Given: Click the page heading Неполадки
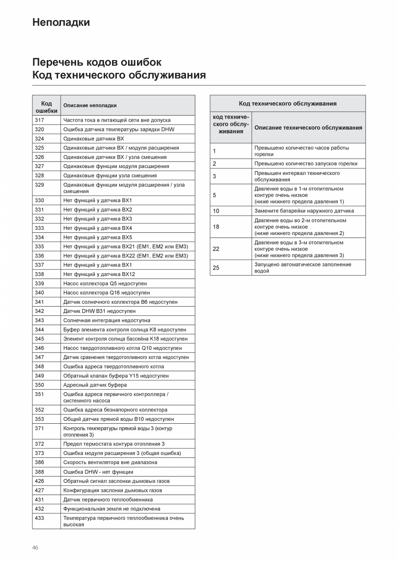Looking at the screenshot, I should point(61,22).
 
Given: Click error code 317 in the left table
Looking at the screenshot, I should point(39,120).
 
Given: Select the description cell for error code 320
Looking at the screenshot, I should point(119,129).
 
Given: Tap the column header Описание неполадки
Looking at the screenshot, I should point(90,105).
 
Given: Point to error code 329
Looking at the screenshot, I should point(39,185).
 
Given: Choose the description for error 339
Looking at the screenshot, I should point(105,283).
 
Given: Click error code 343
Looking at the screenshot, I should point(39,321).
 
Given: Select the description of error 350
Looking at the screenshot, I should point(95,385).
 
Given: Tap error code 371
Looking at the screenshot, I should point(39,428).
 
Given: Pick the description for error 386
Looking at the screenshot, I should point(110,462).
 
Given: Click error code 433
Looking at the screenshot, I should point(39,518).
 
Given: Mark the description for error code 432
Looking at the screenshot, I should point(112,509).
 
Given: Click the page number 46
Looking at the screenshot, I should point(35,548).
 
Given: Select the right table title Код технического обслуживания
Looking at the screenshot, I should point(288,104).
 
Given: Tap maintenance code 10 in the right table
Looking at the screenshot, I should point(216,211).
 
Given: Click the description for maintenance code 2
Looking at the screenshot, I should point(306,163).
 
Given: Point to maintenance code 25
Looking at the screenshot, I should point(216,268).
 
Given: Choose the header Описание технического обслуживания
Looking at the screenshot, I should point(308,128).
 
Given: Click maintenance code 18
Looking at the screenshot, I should point(216,227).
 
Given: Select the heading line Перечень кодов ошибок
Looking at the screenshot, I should point(97,62).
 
